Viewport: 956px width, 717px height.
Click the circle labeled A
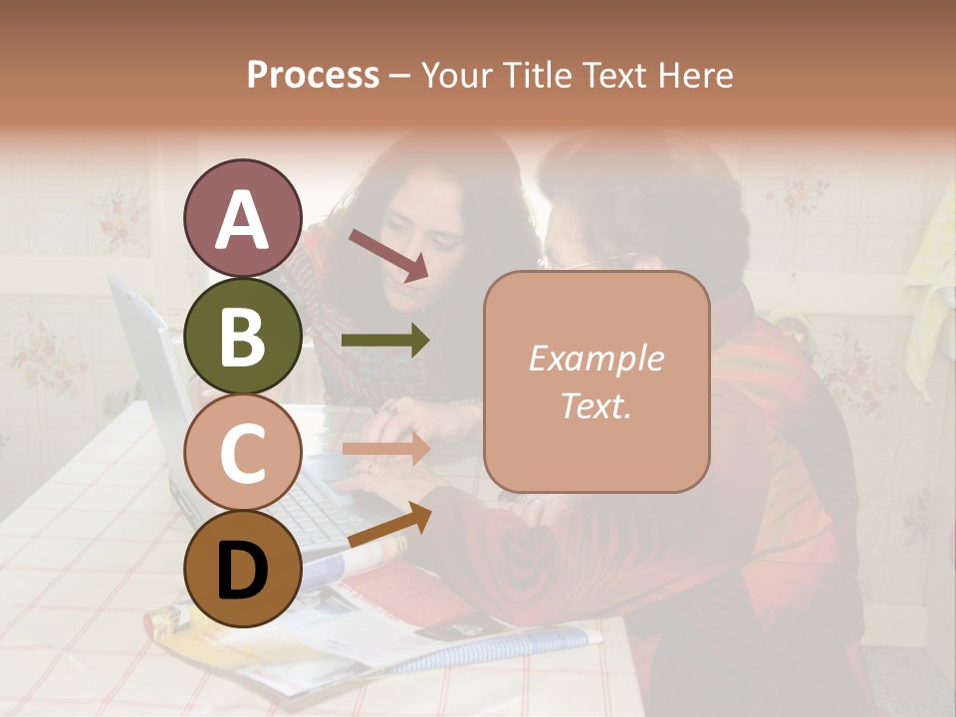[x=242, y=218]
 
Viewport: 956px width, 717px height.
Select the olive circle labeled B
[x=242, y=336]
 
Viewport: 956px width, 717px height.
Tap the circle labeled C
[x=242, y=452]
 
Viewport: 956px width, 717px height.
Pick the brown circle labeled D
[x=242, y=569]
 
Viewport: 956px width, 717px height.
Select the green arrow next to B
[x=384, y=341]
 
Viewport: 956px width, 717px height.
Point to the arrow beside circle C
[x=384, y=449]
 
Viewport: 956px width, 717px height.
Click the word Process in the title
[x=313, y=76]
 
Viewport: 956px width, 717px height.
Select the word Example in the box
[x=596, y=359]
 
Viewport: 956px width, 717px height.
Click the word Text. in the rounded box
[x=596, y=406]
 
